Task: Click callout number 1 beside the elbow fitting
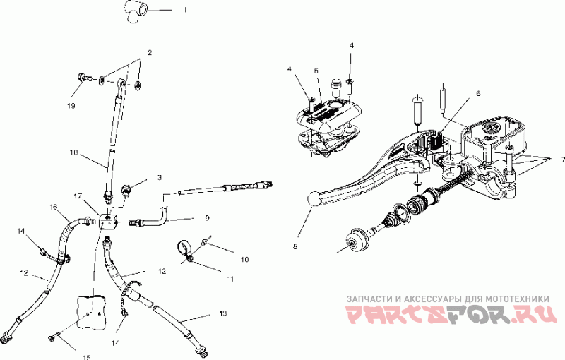(x=184, y=11)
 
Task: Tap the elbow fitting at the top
(x=136, y=12)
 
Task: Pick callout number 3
(x=160, y=178)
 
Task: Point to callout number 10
(x=245, y=260)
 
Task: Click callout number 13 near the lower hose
(x=223, y=313)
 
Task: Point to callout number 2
(x=150, y=53)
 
